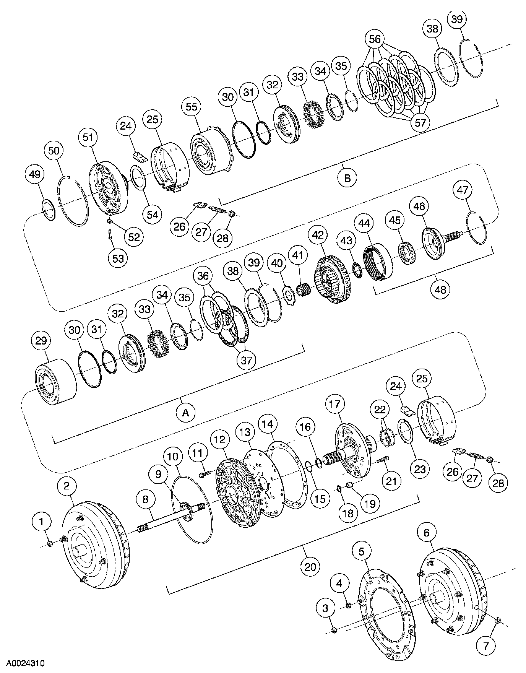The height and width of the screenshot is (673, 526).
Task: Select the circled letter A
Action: point(186,413)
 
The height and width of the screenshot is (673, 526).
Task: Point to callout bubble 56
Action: point(375,39)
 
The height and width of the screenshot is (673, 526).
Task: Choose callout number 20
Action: point(310,566)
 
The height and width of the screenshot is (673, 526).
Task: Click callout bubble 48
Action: point(440,289)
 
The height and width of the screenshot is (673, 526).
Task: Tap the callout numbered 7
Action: point(486,646)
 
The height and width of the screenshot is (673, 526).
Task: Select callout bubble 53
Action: point(118,258)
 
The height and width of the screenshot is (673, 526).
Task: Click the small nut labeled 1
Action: point(50,544)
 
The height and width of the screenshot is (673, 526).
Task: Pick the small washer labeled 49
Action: point(48,210)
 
